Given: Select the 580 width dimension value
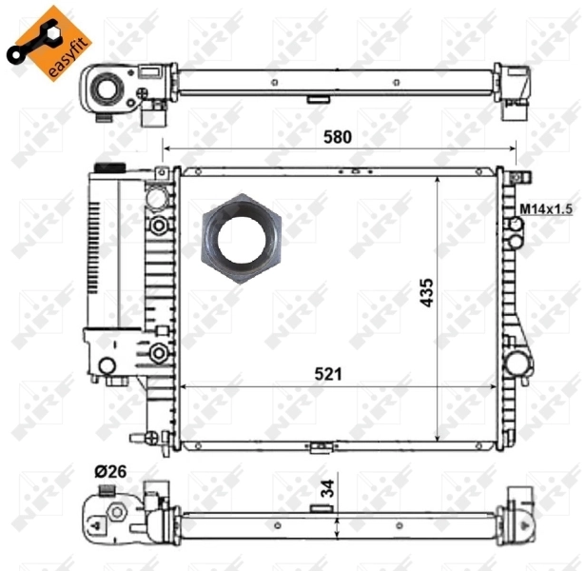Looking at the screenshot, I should (x=336, y=136).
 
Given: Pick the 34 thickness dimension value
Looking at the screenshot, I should (x=327, y=490).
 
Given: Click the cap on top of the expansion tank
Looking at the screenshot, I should (x=105, y=168).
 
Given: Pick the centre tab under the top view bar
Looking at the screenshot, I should (x=317, y=97).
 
